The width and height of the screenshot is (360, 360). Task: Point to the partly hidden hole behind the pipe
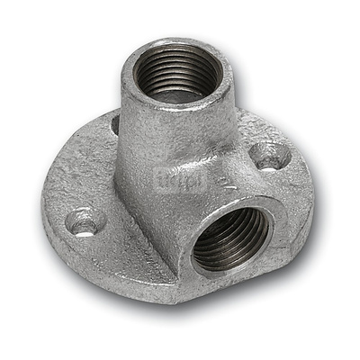(115, 124)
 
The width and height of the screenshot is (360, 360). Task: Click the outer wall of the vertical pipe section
(144, 135)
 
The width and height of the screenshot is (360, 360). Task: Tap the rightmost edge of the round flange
(314, 193)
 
